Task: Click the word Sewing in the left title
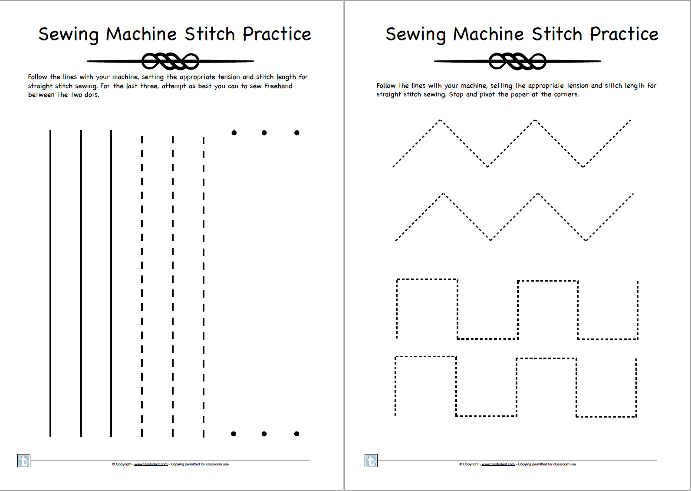pyautogui.click(x=69, y=34)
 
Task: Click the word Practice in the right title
pyautogui.click(x=624, y=34)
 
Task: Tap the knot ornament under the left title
pyautogui.click(x=170, y=61)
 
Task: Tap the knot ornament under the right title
pyautogui.click(x=517, y=61)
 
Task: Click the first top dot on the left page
pyautogui.click(x=234, y=133)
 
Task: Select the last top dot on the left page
pyautogui.click(x=296, y=133)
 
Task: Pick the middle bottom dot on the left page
pyautogui.click(x=264, y=434)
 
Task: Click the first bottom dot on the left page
pyautogui.click(x=234, y=434)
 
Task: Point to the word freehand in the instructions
pyautogui.click(x=278, y=86)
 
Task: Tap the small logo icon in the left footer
pyautogui.click(x=23, y=461)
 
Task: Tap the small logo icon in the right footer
pyautogui.click(x=371, y=461)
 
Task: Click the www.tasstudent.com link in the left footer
pyautogui.click(x=151, y=464)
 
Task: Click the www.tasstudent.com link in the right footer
pyautogui.click(x=498, y=464)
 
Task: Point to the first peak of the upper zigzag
pyautogui.click(x=440, y=120)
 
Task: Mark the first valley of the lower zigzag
pyautogui.click(x=490, y=240)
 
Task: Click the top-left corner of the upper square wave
pyautogui.click(x=397, y=280)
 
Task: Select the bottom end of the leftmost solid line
pyautogui.click(x=50, y=435)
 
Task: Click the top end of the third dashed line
pyautogui.click(x=203, y=138)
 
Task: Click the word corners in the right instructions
pyautogui.click(x=566, y=94)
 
